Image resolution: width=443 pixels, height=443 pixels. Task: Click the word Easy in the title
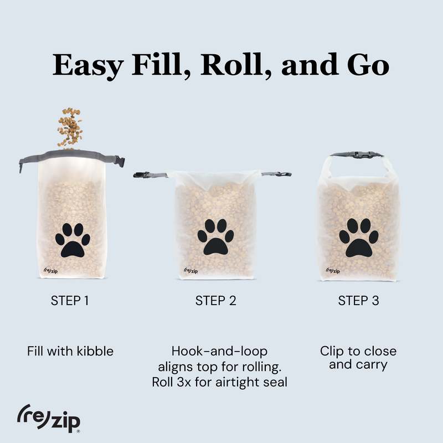[x=89, y=65]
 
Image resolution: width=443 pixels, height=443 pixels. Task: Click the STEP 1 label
[x=70, y=301]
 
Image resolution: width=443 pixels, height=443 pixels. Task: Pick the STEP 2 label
[x=216, y=301]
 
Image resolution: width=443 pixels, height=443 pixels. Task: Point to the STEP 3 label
[x=359, y=301]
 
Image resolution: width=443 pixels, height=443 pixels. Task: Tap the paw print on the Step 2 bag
[x=216, y=238]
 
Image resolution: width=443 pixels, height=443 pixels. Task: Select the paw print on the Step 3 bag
[x=358, y=238]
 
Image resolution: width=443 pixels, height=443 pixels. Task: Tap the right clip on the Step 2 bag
[x=284, y=174]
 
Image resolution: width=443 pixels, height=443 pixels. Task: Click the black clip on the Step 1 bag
[x=119, y=161]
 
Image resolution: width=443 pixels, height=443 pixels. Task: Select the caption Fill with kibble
[x=70, y=351]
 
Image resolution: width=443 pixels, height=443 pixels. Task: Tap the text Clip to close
[x=358, y=351]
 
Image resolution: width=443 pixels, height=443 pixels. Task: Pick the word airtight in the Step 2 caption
[x=239, y=382]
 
